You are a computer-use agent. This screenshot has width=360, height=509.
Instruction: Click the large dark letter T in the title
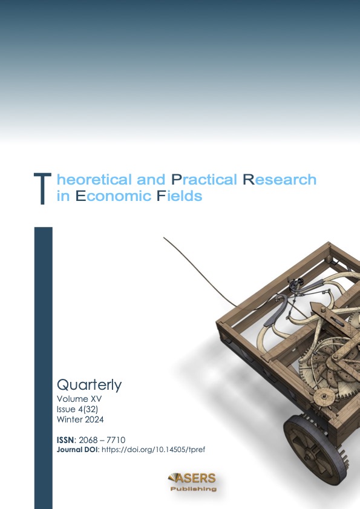click(42, 189)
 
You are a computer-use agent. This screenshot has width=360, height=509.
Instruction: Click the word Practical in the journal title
click(204, 180)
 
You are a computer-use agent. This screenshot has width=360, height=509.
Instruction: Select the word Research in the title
click(280, 180)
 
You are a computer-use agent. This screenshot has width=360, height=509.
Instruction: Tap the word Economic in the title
click(113, 195)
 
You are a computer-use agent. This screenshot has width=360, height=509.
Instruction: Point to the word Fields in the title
click(180, 195)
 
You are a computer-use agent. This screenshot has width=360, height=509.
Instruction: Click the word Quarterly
click(90, 386)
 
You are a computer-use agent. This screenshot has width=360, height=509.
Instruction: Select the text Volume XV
click(79, 399)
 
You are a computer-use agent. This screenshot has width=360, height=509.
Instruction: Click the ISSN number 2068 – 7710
click(102, 440)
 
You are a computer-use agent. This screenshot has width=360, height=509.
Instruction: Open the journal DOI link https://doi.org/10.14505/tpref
click(153, 450)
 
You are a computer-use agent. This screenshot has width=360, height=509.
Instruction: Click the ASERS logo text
click(192, 478)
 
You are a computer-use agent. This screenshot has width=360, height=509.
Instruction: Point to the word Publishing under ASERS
click(194, 489)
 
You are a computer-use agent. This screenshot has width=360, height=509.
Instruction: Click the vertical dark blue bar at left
click(43, 368)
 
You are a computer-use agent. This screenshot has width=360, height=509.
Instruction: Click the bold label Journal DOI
click(78, 450)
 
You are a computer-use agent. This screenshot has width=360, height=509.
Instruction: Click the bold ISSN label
click(66, 440)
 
